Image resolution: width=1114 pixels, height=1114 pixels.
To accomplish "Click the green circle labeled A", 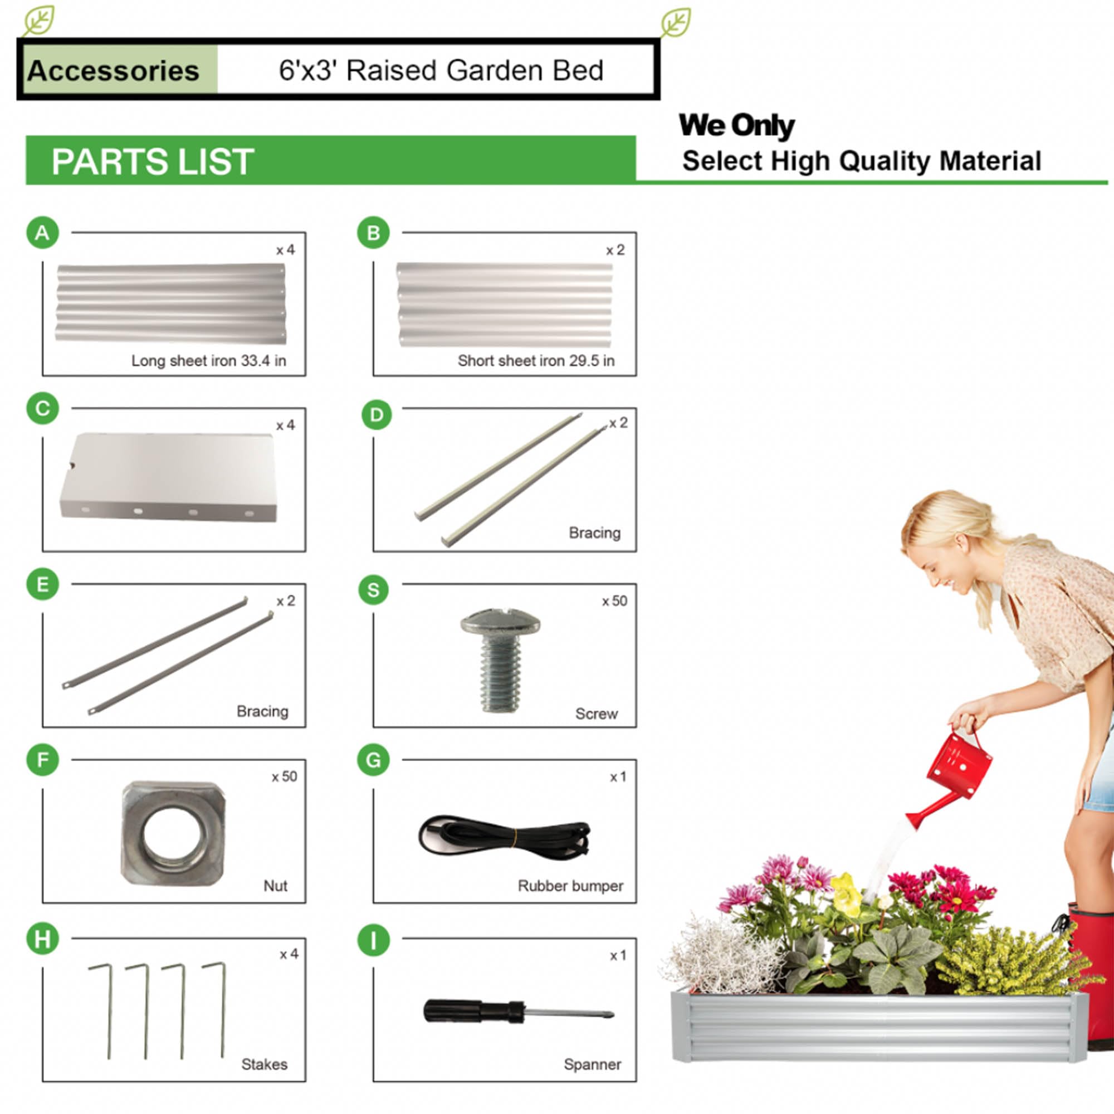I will (x=43, y=233).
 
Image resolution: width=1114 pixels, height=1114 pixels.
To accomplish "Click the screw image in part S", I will (x=501, y=659).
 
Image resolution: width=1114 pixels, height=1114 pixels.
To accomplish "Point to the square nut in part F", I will (x=173, y=834).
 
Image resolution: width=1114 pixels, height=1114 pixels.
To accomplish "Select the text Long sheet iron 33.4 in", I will (x=208, y=361).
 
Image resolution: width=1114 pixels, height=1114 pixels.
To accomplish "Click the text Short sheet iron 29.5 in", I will (x=536, y=361).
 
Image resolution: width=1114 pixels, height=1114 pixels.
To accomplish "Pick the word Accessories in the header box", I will (x=113, y=71).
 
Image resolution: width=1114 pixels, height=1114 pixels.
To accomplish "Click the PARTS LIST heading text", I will (x=153, y=162).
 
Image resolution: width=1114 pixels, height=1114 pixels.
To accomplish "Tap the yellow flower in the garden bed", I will (x=846, y=895).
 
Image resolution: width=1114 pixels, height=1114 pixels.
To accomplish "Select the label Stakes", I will (x=264, y=1064).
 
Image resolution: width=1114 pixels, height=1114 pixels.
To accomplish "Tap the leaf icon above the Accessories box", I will (x=39, y=21).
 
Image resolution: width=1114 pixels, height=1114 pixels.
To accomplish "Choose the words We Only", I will (x=736, y=126).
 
